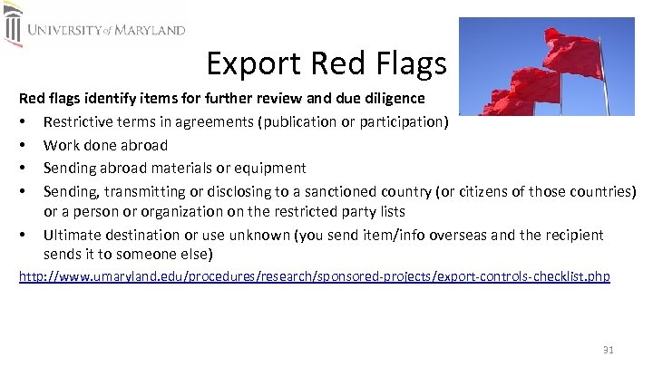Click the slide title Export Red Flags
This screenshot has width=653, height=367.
point(326,63)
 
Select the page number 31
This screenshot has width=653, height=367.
point(609,350)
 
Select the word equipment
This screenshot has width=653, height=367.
point(274,168)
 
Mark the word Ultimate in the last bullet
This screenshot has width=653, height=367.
point(73,236)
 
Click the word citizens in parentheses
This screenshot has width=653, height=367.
point(509,190)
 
